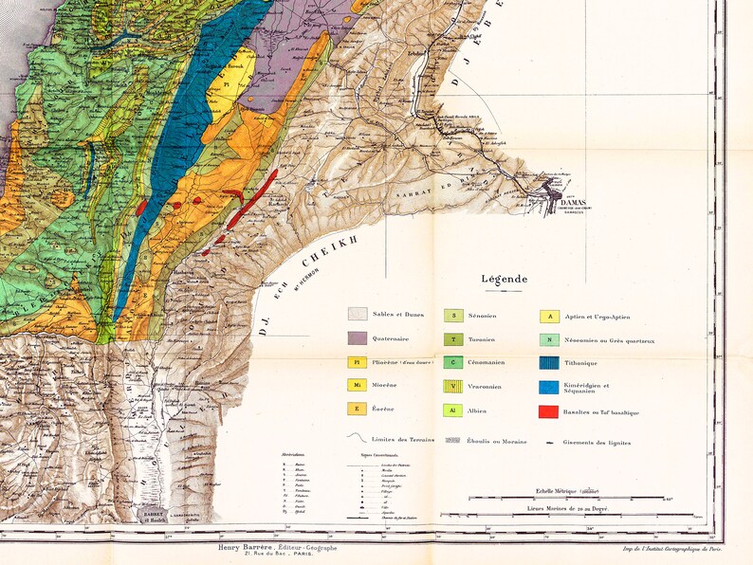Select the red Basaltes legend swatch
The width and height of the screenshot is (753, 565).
point(548,411)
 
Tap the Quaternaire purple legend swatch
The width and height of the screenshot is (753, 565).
point(358,338)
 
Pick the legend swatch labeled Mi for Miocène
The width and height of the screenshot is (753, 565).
point(358,385)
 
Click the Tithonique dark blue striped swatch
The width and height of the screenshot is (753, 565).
point(548,363)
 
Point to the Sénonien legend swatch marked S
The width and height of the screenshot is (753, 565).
point(453,316)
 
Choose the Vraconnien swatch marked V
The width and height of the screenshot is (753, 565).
point(453,387)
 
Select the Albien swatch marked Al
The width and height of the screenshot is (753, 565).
point(453,411)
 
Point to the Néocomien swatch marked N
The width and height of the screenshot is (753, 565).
point(548,339)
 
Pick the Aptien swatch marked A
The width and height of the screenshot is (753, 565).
point(548,317)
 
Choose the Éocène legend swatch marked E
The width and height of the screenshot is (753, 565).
point(358,409)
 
